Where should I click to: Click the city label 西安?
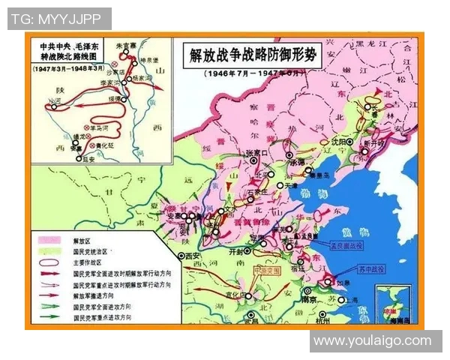coord(193,255)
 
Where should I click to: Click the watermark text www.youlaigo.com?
coord(373,340)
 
